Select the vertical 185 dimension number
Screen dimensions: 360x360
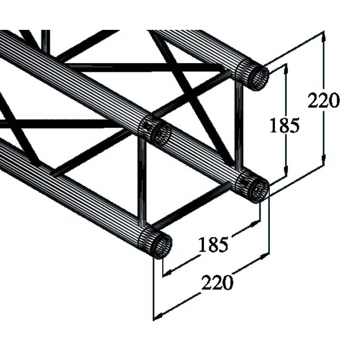click(x=284, y=126)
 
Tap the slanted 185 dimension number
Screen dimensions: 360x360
click(x=213, y=245)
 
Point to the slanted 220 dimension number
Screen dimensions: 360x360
click(x=217, y=283)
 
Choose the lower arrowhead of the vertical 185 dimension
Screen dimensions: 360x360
click(x=286, y=174)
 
